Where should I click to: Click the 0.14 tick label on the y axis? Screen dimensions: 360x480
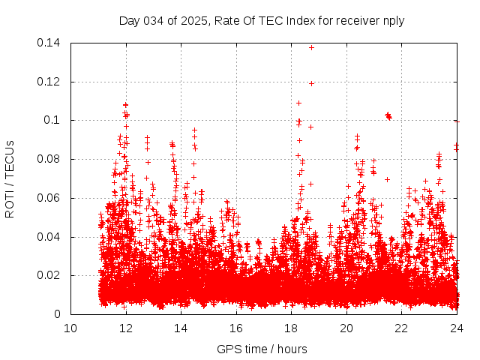point(51,43)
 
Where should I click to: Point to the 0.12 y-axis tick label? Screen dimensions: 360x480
point(51,82)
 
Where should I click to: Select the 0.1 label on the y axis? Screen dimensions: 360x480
point(55,120)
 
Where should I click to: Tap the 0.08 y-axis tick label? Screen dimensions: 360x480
point(51,159)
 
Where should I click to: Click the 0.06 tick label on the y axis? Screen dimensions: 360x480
point(51,198)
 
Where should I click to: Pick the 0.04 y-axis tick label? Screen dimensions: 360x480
point(51,237)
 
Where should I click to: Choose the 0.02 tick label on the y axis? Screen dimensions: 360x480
point(51,275)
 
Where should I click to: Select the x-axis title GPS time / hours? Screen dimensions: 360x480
point(262,349)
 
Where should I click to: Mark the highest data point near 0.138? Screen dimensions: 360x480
point(311,47)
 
